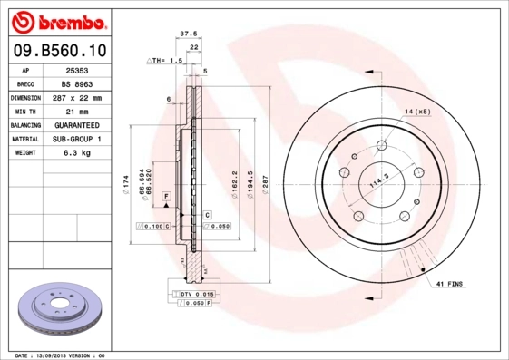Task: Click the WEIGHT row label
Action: coord(24,153)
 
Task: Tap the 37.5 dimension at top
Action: coord(189,34)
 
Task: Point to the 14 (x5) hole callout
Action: coord(417,111)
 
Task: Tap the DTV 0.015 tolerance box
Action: coord(196,295)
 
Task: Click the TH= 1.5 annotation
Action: coord(166,60)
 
